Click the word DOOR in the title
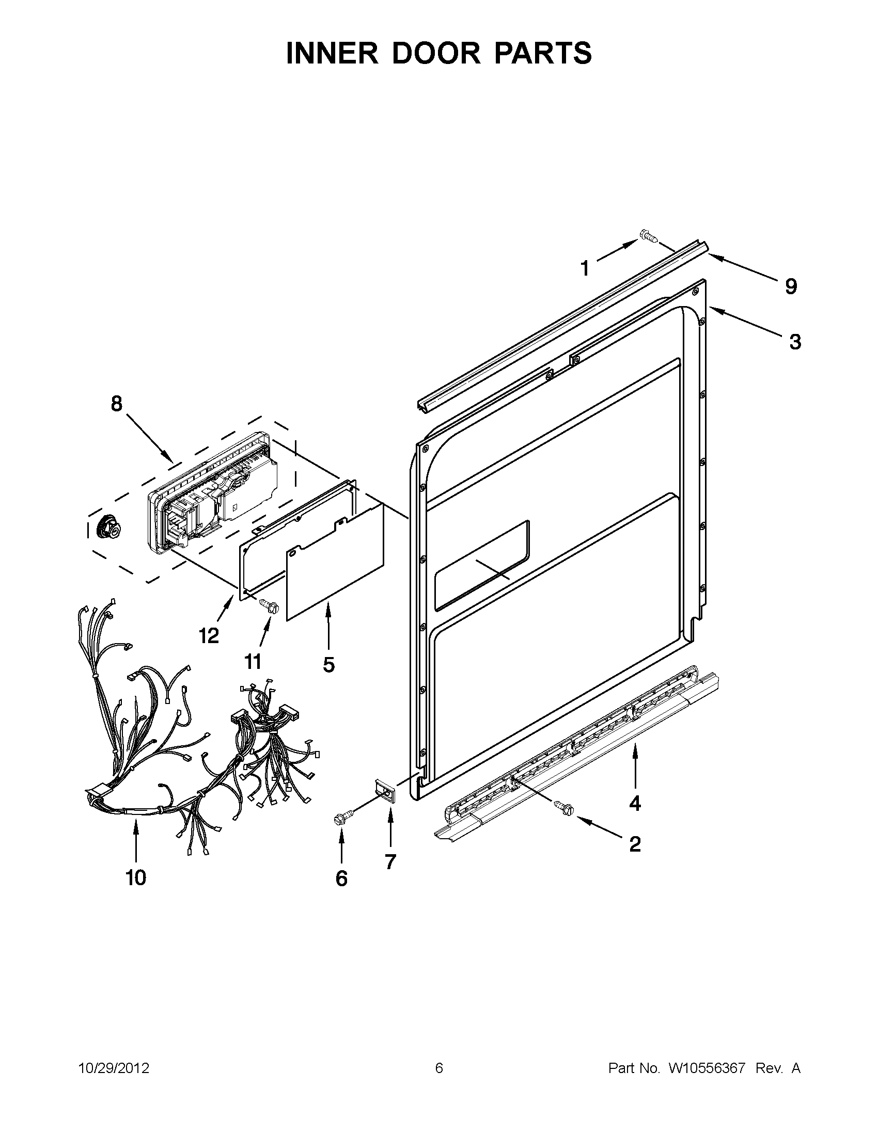click(x=438, y=54)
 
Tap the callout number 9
click(x=791, y=286)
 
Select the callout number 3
click(x=795, y=342)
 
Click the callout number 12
click(x=209, y=636)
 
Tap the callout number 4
click(x=635, y=804)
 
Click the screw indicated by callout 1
click(x=649, y=237)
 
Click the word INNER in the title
click(x=331, y=54)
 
